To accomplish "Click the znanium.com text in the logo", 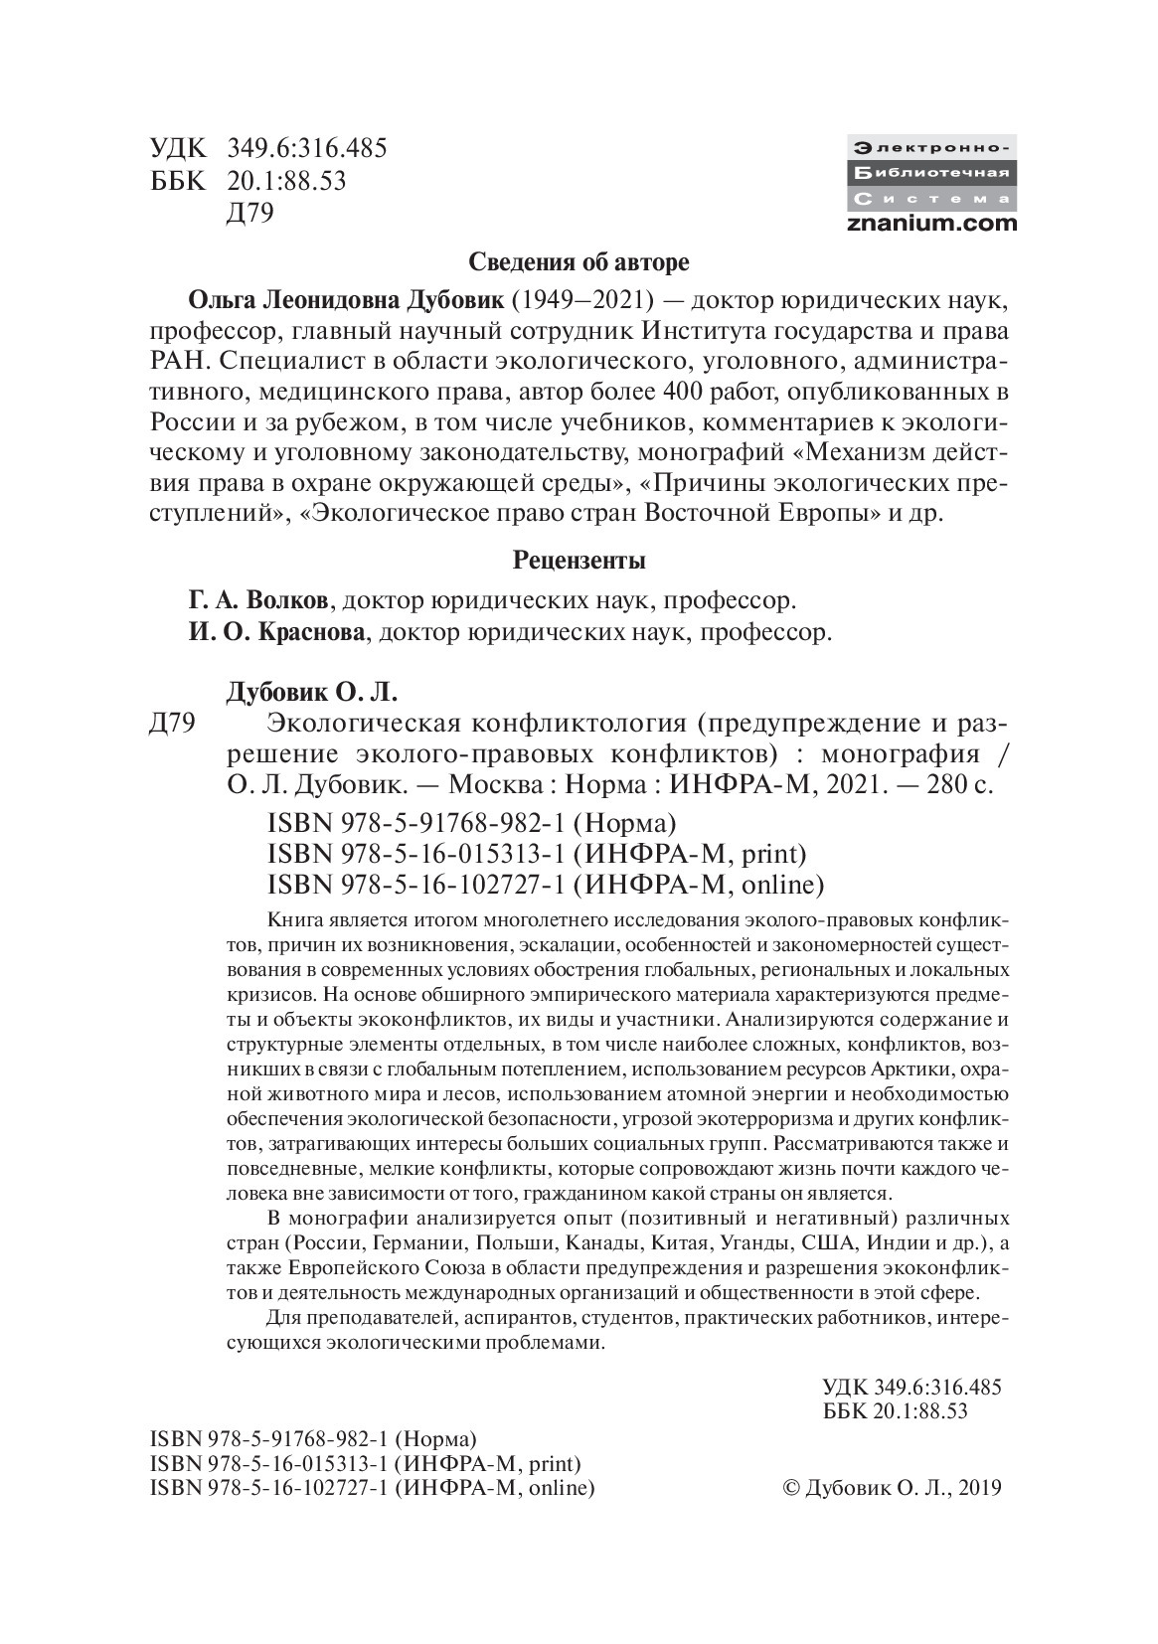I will [x=932, y=223].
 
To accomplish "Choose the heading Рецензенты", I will [x=579, y=561].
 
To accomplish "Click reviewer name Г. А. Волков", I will [x=263, y=601].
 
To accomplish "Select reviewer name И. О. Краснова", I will [x=276, y=632].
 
